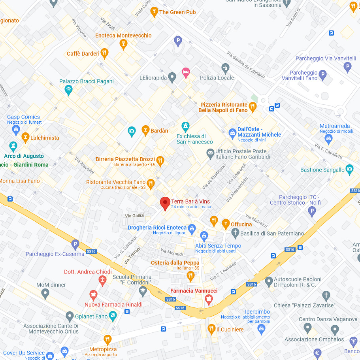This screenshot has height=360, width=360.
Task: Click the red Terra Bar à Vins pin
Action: tap(165, 203)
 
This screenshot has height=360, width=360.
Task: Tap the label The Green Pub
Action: tap(177, 12)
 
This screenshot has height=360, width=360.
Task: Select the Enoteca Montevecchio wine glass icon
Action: tap(123, 43)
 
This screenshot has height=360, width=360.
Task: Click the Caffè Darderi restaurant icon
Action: tap(104, 53)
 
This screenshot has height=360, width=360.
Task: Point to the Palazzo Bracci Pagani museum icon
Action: tap(69, 90)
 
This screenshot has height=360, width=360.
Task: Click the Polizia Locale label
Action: tap(217, 78)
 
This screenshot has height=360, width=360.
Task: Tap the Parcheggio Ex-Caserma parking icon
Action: tap(75, 245)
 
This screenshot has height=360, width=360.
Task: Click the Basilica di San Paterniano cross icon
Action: tap(235, 233)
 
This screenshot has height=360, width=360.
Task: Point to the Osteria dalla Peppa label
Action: tap(175, 263)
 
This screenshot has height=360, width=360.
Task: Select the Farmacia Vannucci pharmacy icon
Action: tap(209, 300)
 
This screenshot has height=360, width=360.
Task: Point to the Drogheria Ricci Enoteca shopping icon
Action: tap(192, 228)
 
